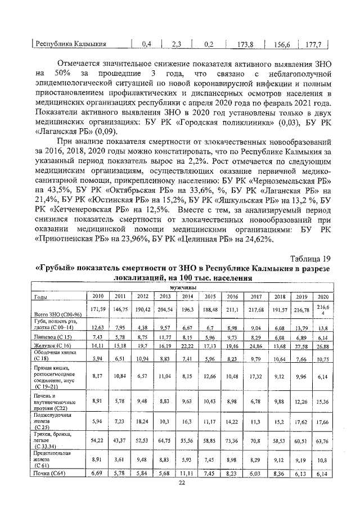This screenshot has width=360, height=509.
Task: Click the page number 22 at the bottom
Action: click(x=182, y=483)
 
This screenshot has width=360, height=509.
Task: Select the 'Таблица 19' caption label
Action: click(x=309, y=259)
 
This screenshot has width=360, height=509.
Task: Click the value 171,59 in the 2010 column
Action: click(x=98, y=309)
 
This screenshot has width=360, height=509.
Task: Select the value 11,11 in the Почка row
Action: click(x=188, y=475)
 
